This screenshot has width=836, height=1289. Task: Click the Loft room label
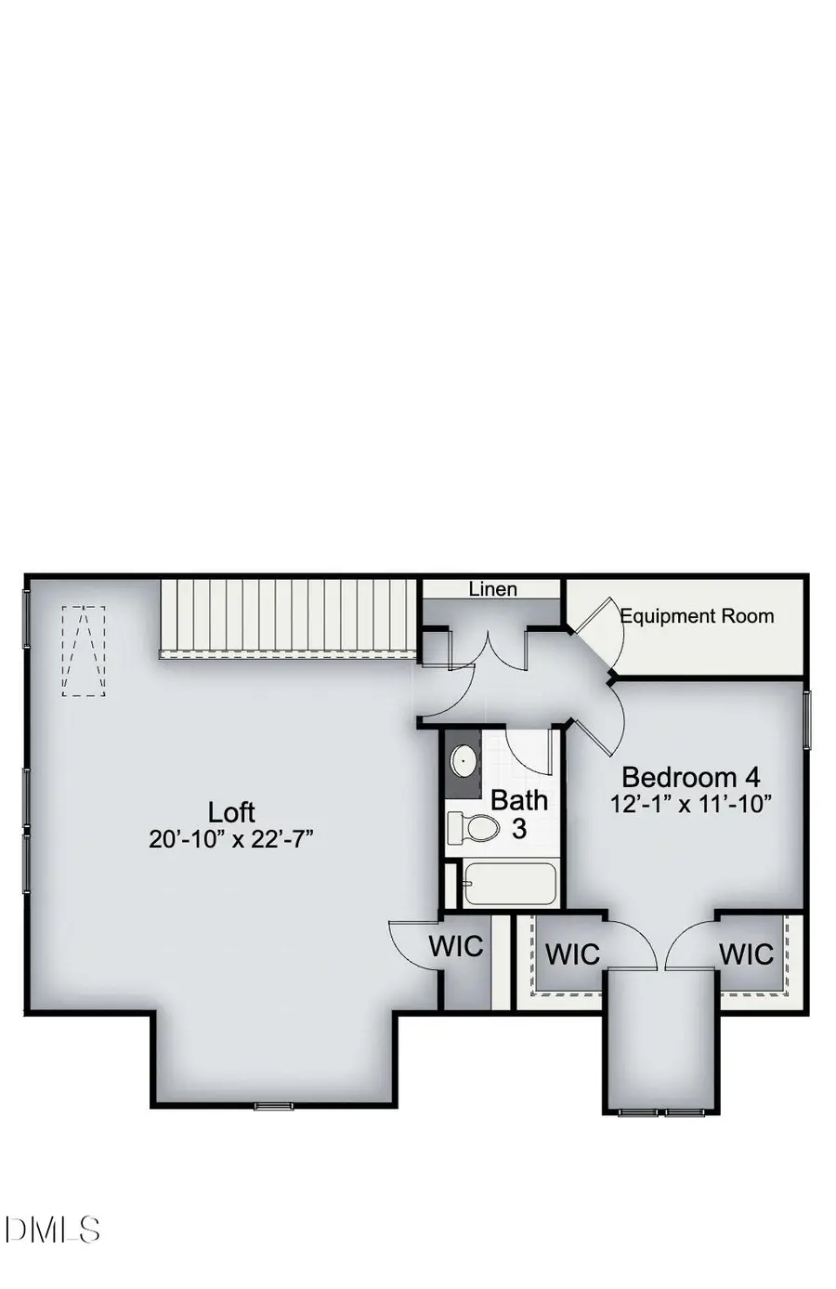point(231,812)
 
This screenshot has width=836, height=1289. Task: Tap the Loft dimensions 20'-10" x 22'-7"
point(231,839)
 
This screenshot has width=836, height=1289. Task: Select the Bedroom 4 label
point(690,777)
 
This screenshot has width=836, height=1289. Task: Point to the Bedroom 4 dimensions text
point(691,804)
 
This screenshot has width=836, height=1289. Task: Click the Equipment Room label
point(697,616)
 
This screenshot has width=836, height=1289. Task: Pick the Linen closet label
point(492,589)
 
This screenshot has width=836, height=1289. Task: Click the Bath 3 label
point(519,813)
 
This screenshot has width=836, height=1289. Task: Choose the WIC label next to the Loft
point(456,946)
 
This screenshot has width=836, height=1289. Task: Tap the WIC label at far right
point(746,954)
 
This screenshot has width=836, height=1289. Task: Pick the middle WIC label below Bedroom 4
point(572,954)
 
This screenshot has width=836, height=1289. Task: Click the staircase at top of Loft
point(288,617)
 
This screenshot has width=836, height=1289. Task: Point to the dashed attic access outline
point(84,651)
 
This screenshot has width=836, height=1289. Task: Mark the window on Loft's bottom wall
point(274,1106)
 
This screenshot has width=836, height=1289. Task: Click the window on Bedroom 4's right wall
point(807,719)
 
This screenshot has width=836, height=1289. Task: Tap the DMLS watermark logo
point(52,1230)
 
